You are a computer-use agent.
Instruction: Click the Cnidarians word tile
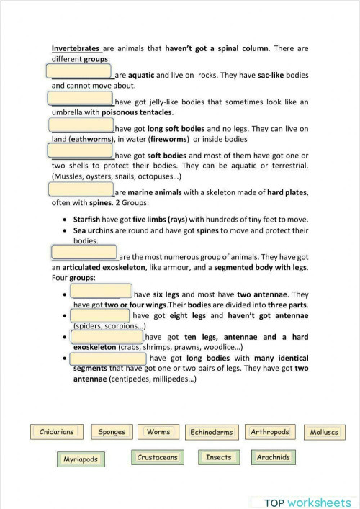coord(57,433)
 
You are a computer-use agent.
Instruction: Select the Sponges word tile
coord(112,433)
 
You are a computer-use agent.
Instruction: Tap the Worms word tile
coord(158,432)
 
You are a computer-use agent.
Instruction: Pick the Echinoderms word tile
coord(211,433)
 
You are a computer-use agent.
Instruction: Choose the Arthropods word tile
coord(270,432)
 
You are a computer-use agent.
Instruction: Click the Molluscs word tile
coord(323,433)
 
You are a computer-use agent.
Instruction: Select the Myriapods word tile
coord(80,459)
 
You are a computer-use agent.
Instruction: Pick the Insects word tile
coord(218,457)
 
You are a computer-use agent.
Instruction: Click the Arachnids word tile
coord(273,457)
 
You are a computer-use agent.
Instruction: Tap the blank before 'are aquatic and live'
coord(79,71)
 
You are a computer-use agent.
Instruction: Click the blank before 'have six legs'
coord(101,291)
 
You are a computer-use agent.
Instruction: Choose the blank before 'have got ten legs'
coord(107,336)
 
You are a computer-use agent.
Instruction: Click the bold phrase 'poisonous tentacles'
coord(137,113)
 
